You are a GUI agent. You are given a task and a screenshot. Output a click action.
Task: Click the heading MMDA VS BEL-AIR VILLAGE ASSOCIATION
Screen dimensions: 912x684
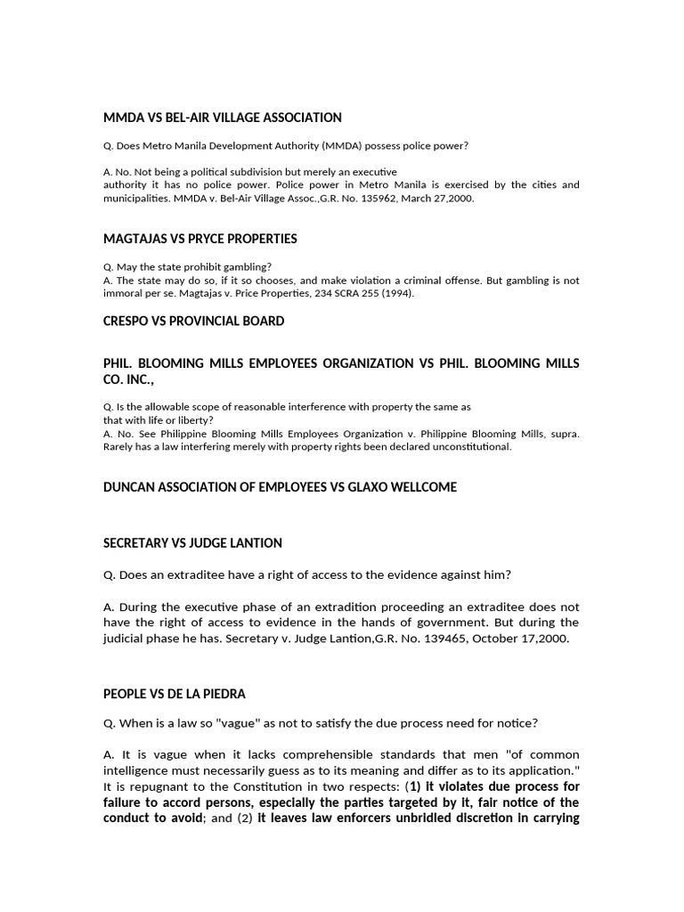pyautogui.click(x=223, y=118)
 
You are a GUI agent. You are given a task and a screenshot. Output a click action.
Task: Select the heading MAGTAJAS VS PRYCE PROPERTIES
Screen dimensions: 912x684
pyautogui.click(x=200, y=239)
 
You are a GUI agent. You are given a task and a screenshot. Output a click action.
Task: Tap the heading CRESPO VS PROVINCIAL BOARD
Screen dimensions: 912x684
pyautogui.click(x=194, y=321)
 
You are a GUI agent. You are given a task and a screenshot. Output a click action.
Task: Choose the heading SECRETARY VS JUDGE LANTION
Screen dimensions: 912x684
pyautogui.click(x=192, y=542)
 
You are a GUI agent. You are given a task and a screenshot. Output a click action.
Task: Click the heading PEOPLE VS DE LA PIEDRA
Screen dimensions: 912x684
pyautogui.click(x=175, y=694)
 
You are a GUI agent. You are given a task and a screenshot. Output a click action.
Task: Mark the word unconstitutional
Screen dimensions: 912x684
pyautogui.click(x=477, y=447)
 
